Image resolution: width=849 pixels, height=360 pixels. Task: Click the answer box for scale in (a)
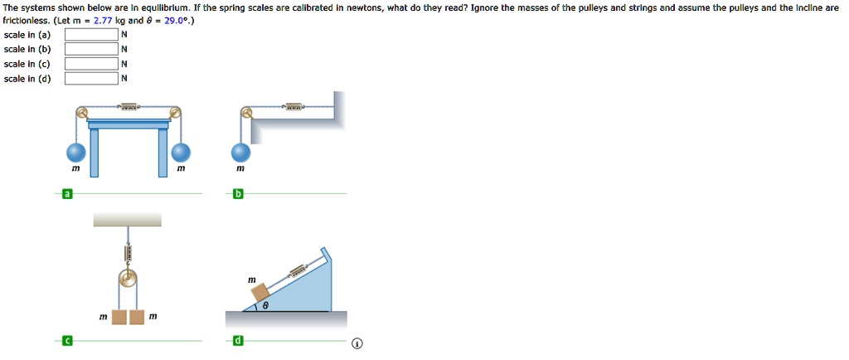91,36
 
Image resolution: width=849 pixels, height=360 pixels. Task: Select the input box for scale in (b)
91,50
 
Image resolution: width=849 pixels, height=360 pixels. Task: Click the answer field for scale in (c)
91,65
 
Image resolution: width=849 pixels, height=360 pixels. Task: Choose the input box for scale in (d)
91,79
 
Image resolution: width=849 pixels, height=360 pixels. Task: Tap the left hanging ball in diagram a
76,153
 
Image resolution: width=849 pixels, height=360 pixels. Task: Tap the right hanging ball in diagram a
181,153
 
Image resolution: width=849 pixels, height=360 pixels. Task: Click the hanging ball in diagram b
240,153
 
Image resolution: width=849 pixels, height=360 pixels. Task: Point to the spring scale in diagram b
295,107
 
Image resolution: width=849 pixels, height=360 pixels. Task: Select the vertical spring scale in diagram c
128,248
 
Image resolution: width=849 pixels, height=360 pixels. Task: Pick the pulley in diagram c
128,279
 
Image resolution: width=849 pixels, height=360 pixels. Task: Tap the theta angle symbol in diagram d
265,305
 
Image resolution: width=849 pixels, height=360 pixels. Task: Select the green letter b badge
239,194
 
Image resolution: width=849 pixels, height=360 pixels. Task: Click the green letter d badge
239,340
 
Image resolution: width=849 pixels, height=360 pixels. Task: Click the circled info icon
357,343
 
